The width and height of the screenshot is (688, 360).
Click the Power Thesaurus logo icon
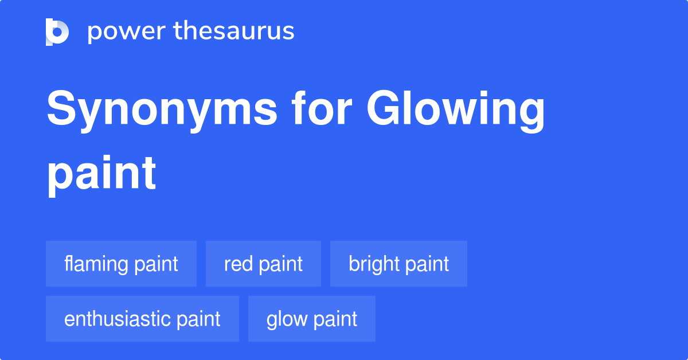[x=57, y=32]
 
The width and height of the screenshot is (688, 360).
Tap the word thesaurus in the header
[x=234, y=31]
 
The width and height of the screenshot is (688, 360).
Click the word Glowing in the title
[x=455, y=111]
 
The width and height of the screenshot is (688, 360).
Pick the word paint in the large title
[x=101, y=173]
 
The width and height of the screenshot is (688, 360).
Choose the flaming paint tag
[x=121, y=264]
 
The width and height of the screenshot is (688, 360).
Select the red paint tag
[x=263, y=264]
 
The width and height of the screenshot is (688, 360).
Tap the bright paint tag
[x=398, y=264]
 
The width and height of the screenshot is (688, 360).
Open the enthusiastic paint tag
[x=142, y=319]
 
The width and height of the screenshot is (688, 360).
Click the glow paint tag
[x=312, y=319]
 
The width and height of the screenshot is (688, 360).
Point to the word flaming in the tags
[x=96, y=264]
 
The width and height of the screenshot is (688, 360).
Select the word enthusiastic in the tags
[x=118, y=319]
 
